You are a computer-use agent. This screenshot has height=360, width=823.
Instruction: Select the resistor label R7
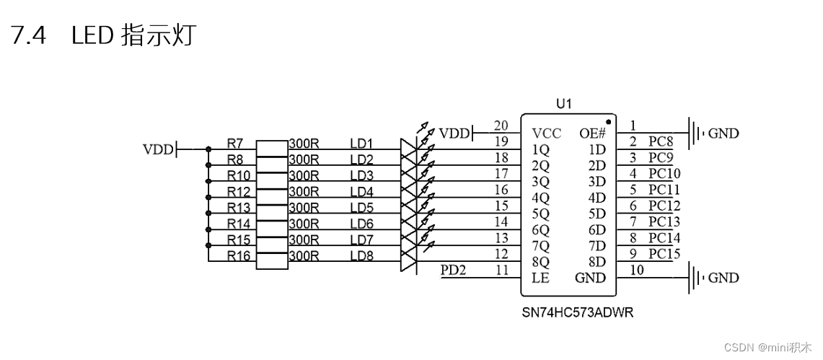[234, 143]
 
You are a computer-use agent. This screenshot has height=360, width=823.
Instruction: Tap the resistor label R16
[238, 255]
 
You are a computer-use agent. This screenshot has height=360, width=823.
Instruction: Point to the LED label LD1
[361, 143]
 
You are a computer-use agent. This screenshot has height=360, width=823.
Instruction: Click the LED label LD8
[361, 255]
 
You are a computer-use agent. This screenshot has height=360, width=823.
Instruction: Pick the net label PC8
[660, 141]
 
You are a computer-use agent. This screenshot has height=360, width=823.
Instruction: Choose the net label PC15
[664, 254]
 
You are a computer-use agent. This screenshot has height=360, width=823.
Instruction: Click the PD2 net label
[454, 270]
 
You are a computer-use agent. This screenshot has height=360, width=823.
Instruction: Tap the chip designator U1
[564, 105]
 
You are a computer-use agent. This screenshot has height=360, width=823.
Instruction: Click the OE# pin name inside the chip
[592, 134]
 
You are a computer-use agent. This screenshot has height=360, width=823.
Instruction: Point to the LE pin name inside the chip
[540, 278]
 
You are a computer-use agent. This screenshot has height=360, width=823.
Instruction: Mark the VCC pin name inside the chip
[546, 134]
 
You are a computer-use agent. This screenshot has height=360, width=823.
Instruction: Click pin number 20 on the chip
[501, 126]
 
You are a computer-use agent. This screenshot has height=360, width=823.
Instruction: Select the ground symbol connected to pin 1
[695, 133]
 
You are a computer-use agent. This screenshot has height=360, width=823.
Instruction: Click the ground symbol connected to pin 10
[695, 278]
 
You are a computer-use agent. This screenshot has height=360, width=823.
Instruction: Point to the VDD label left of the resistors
[159, 150]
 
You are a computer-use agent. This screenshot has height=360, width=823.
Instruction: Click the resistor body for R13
[272, 208]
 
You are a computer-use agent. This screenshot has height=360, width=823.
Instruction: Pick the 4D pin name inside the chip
[597, 198]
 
